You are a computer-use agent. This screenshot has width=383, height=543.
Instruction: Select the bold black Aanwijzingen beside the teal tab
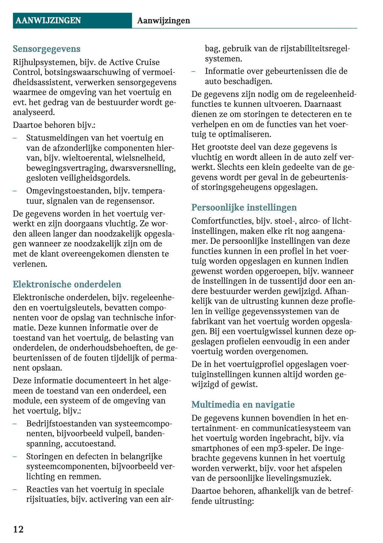[163, 21]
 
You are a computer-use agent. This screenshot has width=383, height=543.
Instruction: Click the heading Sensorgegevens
[46, 49]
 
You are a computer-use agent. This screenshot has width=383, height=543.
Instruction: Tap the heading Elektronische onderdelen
[67, 284]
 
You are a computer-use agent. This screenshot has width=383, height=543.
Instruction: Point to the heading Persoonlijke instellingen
[244, 208]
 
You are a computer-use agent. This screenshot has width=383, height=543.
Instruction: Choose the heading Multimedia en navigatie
[243, 404]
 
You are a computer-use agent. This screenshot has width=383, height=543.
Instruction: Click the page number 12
[18, 529]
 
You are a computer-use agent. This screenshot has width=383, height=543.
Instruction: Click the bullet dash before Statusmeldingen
[15, 138]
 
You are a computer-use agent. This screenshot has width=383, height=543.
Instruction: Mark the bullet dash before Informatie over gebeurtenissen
[194, 71]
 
